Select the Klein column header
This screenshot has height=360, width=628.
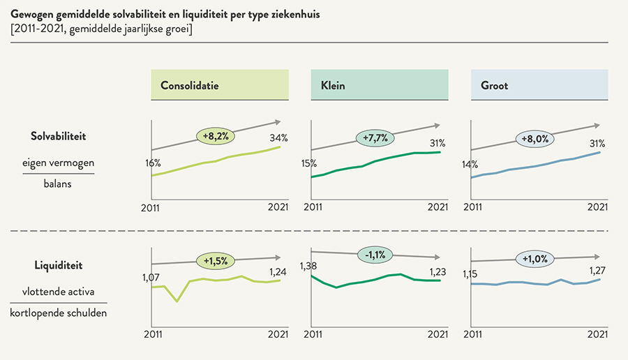[x=380, y=86]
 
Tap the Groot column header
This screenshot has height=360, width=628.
[x=539, y=86]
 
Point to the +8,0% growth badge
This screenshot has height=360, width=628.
[x=535, y=138]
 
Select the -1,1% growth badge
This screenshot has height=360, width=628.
[x=375, y=253]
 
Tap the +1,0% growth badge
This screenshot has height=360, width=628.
[x=535, y=259]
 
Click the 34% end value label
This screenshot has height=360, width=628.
[x=278, y=137]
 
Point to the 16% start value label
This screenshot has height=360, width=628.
[x=153, y=163]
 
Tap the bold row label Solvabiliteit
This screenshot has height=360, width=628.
[x=58, y=136]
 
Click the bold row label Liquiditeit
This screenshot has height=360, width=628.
[x=58, y=265]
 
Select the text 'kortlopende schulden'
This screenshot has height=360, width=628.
[x=59, y=313]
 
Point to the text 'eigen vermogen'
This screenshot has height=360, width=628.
[x=59, y=162]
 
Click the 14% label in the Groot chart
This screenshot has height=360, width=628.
[x=470, y=165]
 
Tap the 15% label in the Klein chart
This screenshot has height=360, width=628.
[x=309, y=163]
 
